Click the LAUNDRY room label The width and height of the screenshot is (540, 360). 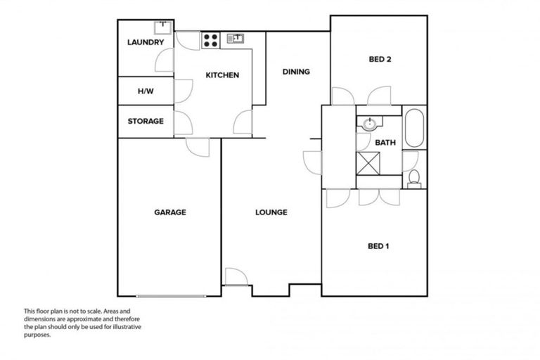[146, 42]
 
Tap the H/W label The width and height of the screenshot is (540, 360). [146, 91]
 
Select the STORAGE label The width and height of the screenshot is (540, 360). [146, 121]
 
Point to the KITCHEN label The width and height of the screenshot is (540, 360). [222, 75]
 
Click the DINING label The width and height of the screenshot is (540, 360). [296, 72]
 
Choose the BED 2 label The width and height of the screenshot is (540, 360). [380, 60]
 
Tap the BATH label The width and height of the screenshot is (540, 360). [385, 142]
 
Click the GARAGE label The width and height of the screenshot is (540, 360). [170, 212]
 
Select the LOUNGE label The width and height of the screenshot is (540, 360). [271, 212]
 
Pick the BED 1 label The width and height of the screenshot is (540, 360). [378, 246]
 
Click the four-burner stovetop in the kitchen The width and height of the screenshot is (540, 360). [210, 40]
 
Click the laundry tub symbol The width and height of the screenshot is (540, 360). [163, 27]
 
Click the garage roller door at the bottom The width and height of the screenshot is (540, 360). [173, 296]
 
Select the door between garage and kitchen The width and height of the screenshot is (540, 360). [198, 148]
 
